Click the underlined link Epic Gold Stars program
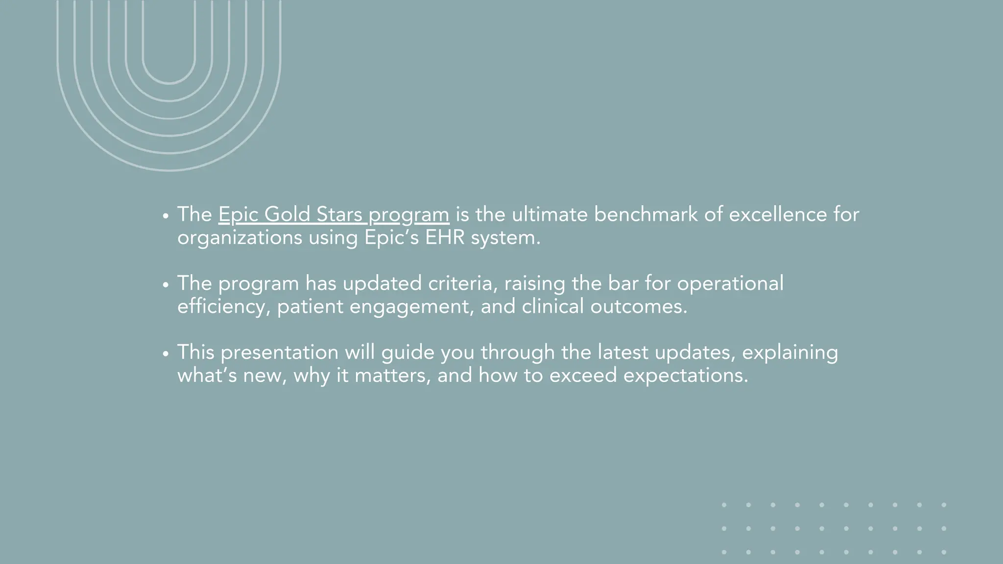click(x=334, y=214)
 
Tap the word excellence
click(x=778, y=214)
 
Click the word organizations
click(x=239, y=238)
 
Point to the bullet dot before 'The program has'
click(x=166, y=284)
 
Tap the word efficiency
click(x=223, y=307)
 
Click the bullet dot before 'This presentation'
click(x=166, y=353)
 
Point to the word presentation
click(x=279, y=352)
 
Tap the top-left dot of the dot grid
click(x=724, y=505)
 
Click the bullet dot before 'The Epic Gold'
click(x=166, y=215)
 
